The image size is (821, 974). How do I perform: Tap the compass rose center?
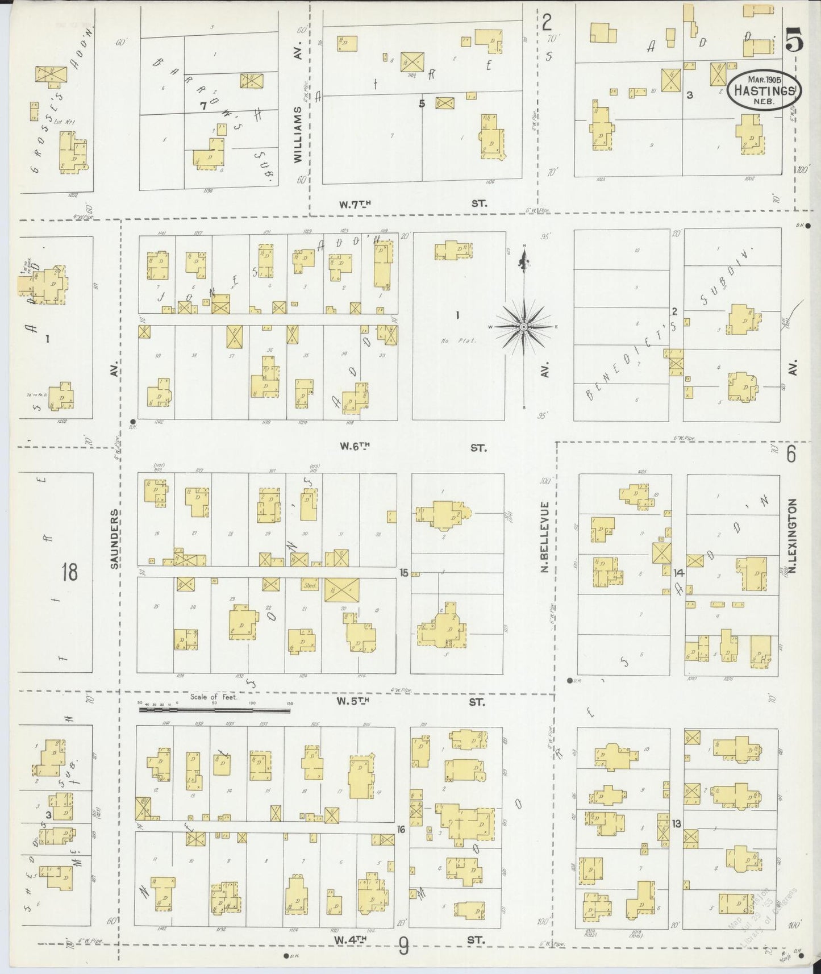[x=523, y=327]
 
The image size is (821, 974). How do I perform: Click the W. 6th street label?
[x=355, y=447]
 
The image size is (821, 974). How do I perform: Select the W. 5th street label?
[x=353, y=702]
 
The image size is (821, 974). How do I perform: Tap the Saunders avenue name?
[x=115, y=538]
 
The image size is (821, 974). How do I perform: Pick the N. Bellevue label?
[x=544, y=537]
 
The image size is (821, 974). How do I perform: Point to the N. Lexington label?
[x=793, y=535]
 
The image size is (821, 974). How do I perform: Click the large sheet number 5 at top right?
[x=794, y=41]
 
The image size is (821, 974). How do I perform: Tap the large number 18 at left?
[x=69, y=572]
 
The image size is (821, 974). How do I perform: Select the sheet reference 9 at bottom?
[x=403, y=946]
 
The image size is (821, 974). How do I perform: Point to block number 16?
[x=401, y=830]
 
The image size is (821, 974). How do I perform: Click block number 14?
[x=678, y=573]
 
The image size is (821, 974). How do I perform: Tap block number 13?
[x=676, y=823]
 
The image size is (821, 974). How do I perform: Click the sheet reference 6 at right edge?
[x=791, y=453]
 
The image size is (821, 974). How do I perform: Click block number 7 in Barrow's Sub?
[x=203, y=105]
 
